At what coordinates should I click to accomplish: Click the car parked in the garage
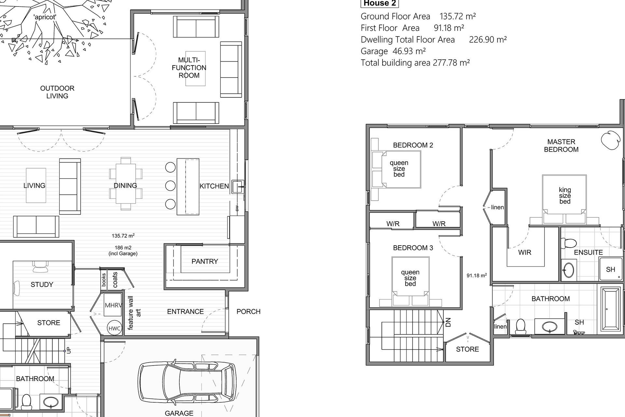pos(188,383)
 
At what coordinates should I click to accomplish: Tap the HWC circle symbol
pos(115,328)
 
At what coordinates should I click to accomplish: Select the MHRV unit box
pos(113,305)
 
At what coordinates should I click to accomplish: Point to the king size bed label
pos(565,195)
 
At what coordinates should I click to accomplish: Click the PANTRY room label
pos(205,261)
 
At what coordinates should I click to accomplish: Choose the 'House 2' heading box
pos(380,3)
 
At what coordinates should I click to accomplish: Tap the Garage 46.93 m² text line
pos(393,51)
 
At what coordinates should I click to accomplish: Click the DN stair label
pos(448,323)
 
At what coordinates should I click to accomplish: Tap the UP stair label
pos(68,350)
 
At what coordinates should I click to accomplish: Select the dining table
pos(126,184)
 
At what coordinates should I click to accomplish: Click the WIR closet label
pos(524,252)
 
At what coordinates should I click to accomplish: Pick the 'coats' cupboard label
pos(115,280)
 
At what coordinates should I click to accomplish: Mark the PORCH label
pos(248,312)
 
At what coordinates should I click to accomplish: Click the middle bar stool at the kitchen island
pos(170,186)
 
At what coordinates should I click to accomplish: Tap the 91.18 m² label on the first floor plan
pos(477,275)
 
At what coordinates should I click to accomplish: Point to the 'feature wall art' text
pos(134,313)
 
